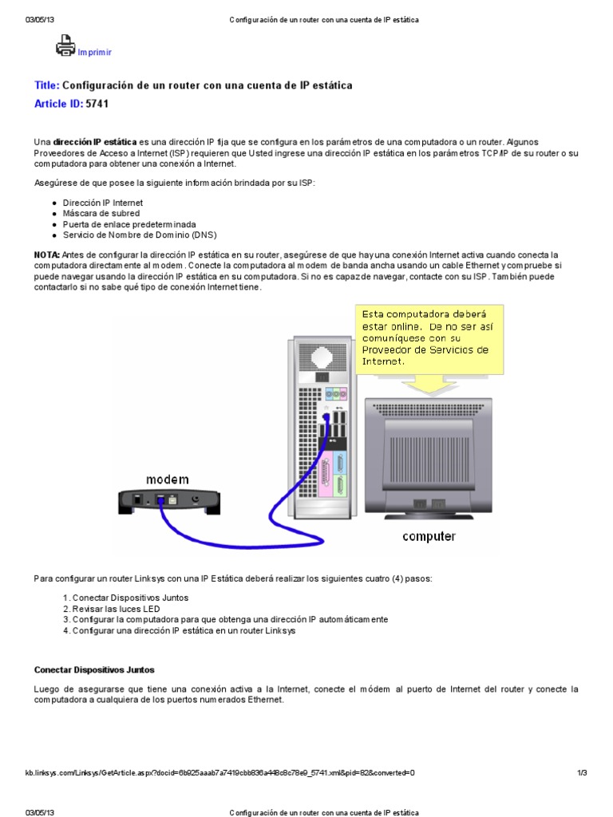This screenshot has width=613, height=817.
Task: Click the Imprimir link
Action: pyautogui.click(x=95, y=53)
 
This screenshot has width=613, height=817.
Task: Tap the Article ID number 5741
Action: pyautogui.click(x=97, y=104)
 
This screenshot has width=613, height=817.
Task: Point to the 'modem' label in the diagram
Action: pyautogui.click(x=167, y=479)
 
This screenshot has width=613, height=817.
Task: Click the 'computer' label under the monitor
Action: pyautogui.click(x=429, y=536)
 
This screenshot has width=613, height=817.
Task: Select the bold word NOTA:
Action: pyautogui.click(x=47, y=254)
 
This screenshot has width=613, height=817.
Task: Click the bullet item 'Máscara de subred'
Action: pyautogui.click(x=101, y=214)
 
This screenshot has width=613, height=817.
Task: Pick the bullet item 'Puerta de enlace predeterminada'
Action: pyautogui.click(x=129, y=224)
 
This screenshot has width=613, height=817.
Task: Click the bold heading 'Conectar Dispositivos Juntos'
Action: pyautogui.click(x=94, y=669)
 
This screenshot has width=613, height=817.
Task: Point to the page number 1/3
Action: pyautogui.click(x=581, y=773)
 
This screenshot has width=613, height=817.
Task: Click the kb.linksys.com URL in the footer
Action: pyautogui.click(x=220, y=773)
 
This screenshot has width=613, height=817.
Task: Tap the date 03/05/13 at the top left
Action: pyautogui.click(x=38, y=19)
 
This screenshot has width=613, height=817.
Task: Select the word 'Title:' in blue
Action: pyautogui.click(x=47, y=85)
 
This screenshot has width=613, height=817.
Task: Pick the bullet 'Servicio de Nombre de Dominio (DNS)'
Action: pyautogui.click(x=140, y=235)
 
